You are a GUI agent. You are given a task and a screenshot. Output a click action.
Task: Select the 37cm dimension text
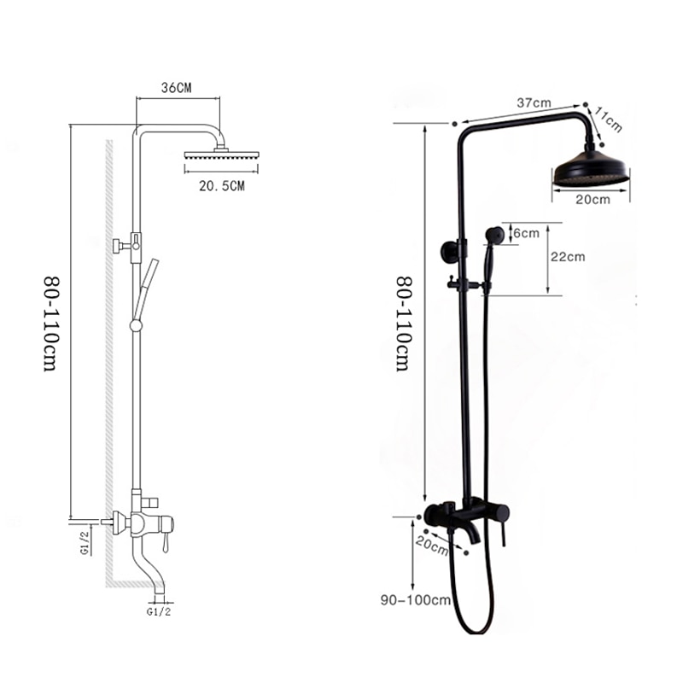point(534,102)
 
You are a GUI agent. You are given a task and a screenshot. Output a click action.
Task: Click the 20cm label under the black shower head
point(593,200)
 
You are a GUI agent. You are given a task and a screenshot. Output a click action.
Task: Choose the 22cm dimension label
point(567,257)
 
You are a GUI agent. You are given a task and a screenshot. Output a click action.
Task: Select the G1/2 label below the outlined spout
point(160,612)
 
